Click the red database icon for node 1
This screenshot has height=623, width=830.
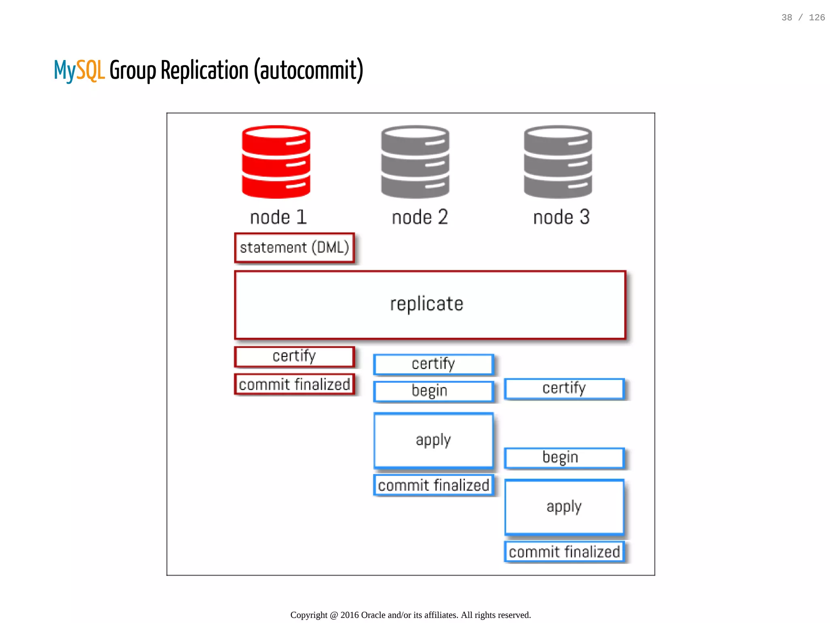pos(276,162)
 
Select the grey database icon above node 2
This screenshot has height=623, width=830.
pos(415,162)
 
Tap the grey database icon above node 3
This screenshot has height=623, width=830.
pos(558,162)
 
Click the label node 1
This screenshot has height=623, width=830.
pos(278,217)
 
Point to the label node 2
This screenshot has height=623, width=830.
pos(420,217)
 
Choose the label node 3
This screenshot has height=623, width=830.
pos(561,217)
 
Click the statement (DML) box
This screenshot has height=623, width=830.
pos(295,248)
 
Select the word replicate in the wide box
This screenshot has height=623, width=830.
pos(426,304)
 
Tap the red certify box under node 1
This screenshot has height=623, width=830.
pos(295,357)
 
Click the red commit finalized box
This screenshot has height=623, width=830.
pos(295,384)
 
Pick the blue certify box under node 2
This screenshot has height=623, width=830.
pos(433,364)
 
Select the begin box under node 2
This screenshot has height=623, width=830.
pos(433,391)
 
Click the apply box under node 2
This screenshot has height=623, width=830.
pos(433,440)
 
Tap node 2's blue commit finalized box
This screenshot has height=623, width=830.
pos(433,485)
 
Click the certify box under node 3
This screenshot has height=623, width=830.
pos(564,388)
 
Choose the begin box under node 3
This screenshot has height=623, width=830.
pos(564,458)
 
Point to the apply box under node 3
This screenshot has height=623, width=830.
pos(564,507)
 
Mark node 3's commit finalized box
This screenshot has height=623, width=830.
pos(564,552)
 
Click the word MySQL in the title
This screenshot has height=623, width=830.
pos(79,71)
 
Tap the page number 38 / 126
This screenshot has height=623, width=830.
pos(803,17)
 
